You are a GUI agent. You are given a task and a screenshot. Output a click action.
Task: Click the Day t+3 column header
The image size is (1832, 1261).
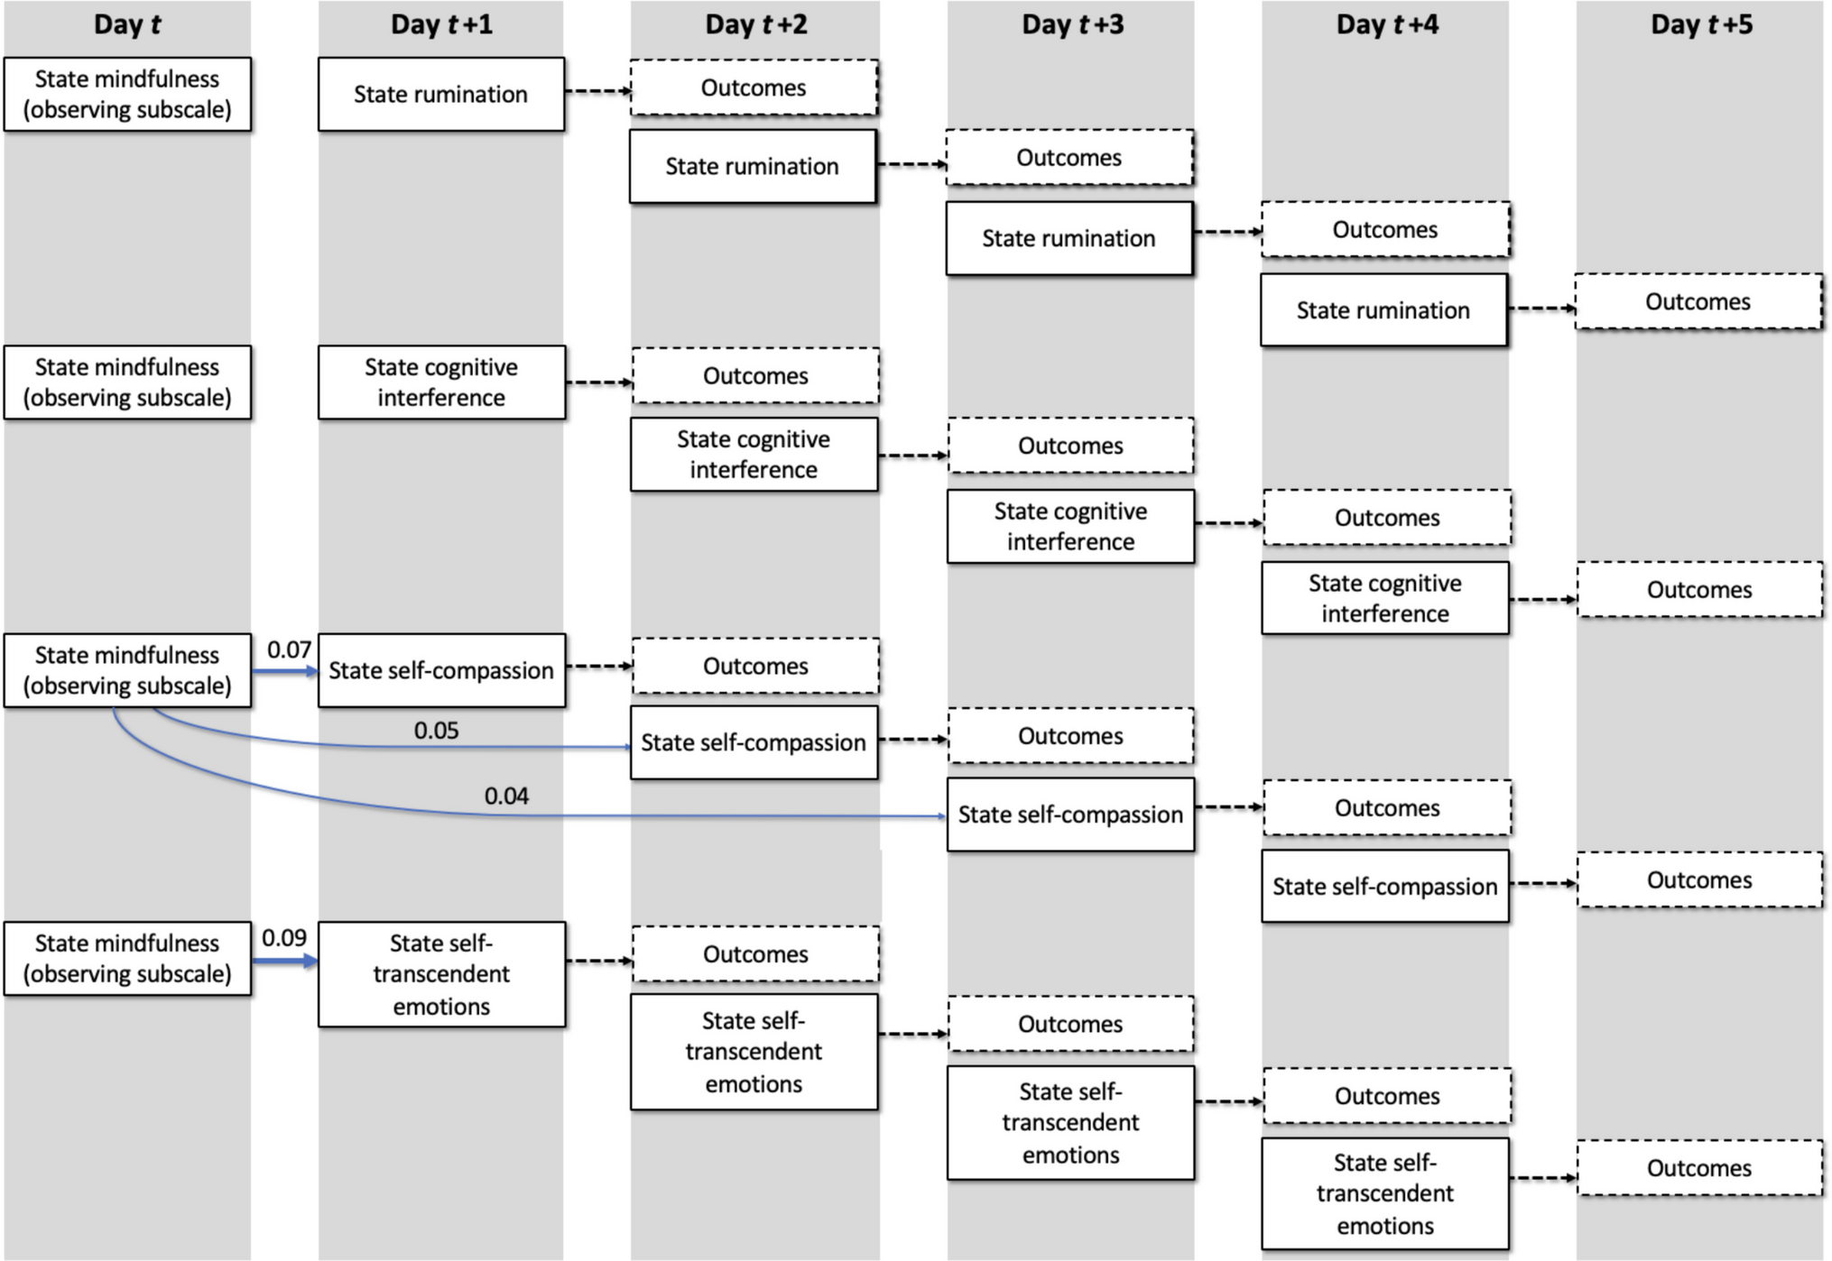tap(1072, 24)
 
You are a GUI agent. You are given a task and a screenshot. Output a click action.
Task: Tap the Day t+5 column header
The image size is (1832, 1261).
tap(1701, 24)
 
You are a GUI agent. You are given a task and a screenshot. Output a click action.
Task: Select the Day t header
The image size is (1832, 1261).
tap(127, 24)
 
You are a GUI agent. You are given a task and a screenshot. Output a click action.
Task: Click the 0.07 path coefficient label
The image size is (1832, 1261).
tap(289, 649)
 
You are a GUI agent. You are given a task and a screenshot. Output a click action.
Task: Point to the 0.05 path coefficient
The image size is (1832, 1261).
tap(436, 731)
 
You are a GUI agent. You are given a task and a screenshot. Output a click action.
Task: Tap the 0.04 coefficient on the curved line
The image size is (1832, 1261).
tap(506, 796)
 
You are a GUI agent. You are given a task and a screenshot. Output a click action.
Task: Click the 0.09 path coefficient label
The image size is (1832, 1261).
tap(284, 938)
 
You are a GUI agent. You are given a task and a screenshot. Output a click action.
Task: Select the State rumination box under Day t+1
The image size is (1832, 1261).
tap(441, 95)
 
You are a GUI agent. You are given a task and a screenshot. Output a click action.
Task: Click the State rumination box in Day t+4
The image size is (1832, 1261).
tap(1383, 310)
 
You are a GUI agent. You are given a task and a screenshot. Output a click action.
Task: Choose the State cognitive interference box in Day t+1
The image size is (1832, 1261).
tap(441, 382)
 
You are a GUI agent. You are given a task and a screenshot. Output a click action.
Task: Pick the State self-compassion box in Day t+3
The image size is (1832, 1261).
tap(1070, 815)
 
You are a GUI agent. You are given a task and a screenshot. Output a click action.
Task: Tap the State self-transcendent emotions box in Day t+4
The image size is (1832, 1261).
tap(1385, 1193)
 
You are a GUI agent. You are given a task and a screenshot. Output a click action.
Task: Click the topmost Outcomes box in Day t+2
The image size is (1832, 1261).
tap(754, 87)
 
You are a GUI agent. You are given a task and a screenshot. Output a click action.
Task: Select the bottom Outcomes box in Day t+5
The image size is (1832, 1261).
tap(1700, 1168)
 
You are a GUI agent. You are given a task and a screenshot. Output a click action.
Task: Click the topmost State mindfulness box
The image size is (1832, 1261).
tap(127, 95)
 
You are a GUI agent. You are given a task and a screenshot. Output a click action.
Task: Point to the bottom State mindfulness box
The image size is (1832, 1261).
tap(127, 959)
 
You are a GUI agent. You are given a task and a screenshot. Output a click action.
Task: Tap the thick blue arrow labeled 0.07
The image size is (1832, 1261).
tap(285, 671)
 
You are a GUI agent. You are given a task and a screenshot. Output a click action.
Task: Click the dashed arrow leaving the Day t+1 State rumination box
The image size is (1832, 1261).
tap(598, 90)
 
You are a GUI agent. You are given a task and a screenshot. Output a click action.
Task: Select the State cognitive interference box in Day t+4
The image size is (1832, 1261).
tap(1385, 598)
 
